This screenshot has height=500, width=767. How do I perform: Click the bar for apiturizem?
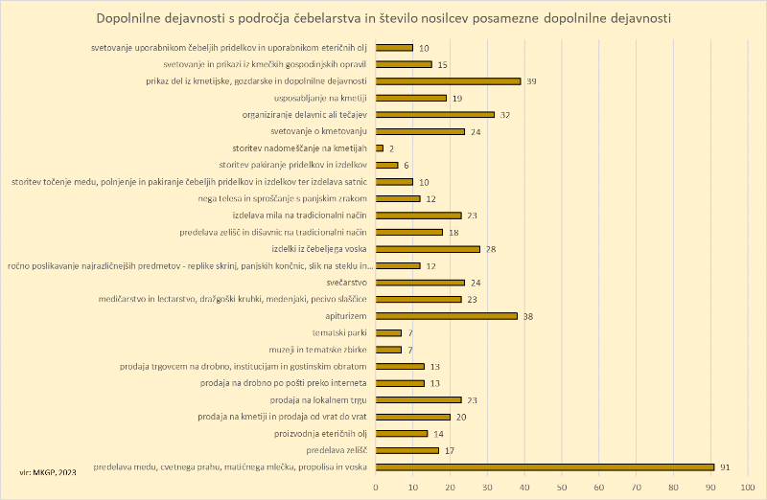tap(446, 315)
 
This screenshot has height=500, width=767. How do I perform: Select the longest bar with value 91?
tap(545, 466)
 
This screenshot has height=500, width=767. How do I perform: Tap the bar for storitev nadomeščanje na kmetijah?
tap(380, 148)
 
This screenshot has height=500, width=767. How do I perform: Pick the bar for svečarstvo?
tap(420, 282)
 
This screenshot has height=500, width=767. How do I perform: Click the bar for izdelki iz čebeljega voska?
tap(428, 248)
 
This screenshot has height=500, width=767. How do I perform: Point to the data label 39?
tap(532, 80)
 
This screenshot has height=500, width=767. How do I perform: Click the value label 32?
tap(505, 114)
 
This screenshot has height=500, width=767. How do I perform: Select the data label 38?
tap(528, 315)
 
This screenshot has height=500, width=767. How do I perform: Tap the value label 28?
tap(491, 248)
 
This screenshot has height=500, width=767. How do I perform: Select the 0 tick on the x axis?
tap(376, 487)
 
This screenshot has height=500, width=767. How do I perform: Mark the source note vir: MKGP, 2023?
tap(49, 471)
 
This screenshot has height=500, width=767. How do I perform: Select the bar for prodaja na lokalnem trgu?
tap(418, 399)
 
